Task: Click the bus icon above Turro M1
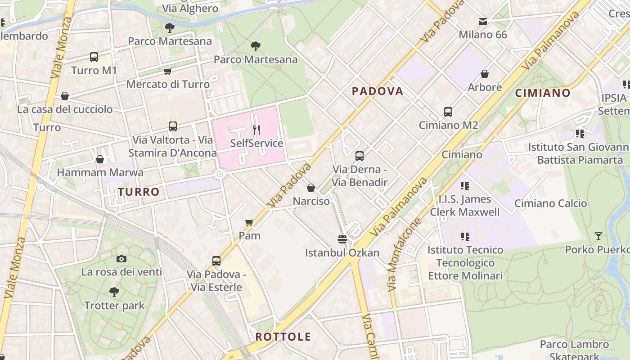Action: pyautogui.click(x=94, y=57)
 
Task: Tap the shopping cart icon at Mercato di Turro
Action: pyautogui.click(x=168, y=71)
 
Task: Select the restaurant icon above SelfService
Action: pyautogui.click(x=256, y=130)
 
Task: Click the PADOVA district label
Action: pyautogui.click(x=377, y=91)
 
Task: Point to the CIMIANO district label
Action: pyautogui.click(x=543, y=93)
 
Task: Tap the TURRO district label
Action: pyautogui.click(x=139, y=192)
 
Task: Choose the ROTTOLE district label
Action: pyautogui.click(x=283, y=337)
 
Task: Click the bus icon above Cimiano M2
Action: pyautogui.click(x=448, y=112)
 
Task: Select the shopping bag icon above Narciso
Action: pyautogui.click(x=311, y=188)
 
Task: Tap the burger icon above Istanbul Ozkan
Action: pyautogui.click(x=342, y=239)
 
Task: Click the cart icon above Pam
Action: pyautogui.click(x=249, y=222)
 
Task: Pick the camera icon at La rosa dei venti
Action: pyautogui.click(x=121, y=259)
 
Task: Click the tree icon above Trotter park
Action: pyautogui.click(x=114, y=292)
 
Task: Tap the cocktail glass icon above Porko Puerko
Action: pyautogui.click(x=598, y=236)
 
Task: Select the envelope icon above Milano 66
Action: pyautogui.click(x=483, y=21)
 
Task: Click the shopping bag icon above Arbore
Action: pyautogui.click(x=485, y=74)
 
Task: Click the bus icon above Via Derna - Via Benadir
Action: pyautogui.click(x=359, y=156)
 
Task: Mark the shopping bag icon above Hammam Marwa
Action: pyautogui.click(x=100, y=159)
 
